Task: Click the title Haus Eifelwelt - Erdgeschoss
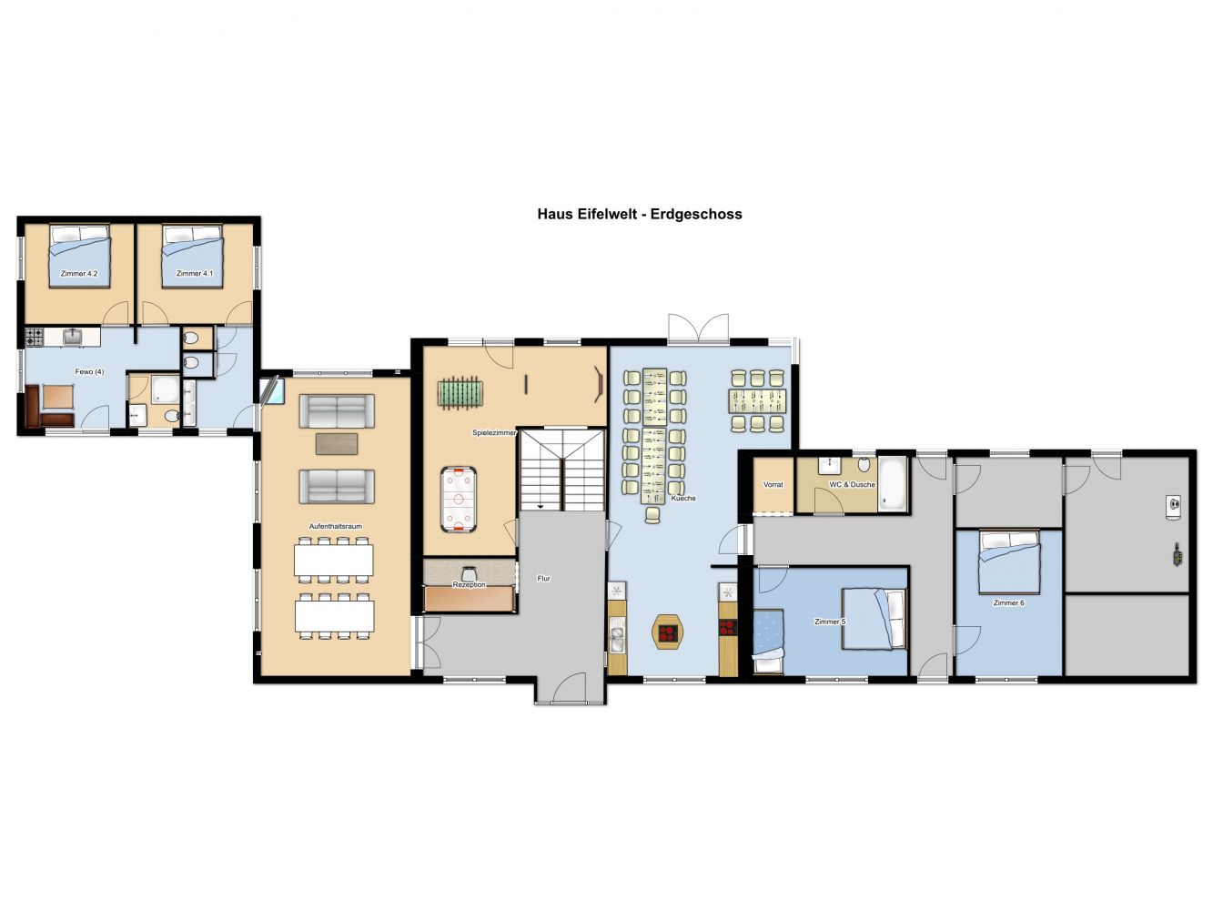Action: [x=640, y=214]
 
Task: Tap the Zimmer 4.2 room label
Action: [x=79, y=273]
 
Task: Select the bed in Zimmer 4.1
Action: [x=192, y=256]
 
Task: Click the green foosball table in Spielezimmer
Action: [x=460, y=392]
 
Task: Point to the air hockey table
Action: [x=458, y=500]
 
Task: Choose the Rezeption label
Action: [x=470, y=584]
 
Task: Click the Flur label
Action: [x=544, y=579]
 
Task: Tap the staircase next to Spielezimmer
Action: [x=562, y=470]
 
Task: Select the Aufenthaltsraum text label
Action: [x=336, y=526]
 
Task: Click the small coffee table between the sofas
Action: [x=337, y=444]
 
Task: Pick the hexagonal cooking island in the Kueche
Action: [x=668, y=632]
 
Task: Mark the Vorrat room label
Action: [x=773, y=484]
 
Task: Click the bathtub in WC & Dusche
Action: [x=893, y=484]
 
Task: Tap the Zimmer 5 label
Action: [x=830, y=622]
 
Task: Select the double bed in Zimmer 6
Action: [x=1009, y=561]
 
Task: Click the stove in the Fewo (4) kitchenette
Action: [x=35, y=337]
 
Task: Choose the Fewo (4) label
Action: [x=89, y=372]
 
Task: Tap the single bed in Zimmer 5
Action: [x=769, y=641]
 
